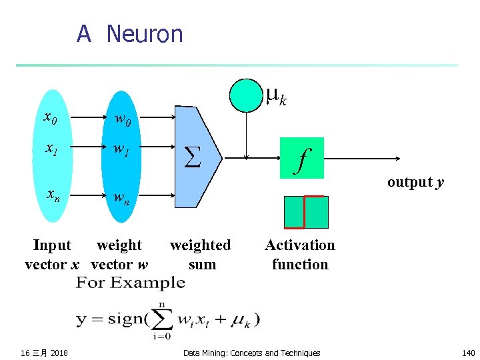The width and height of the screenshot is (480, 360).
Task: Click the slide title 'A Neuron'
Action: click(129, 33)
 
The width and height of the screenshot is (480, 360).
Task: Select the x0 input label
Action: click(50, 118)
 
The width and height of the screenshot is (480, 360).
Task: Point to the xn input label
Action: click(52, 195)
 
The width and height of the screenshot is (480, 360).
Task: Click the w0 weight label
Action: click(123, 120)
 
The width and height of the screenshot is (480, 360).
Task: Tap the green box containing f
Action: click(302, 158)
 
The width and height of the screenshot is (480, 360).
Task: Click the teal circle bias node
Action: click(247, 95)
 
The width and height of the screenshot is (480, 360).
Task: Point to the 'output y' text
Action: click(415, 182)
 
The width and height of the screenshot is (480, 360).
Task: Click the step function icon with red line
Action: click(306, 212)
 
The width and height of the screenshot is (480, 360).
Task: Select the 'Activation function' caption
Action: click(300, 255)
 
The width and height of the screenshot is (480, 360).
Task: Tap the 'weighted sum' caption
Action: click(201, 255)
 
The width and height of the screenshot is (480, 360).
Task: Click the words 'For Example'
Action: click(131, 283)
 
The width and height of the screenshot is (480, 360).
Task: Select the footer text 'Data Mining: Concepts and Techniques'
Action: click(251, 353)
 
